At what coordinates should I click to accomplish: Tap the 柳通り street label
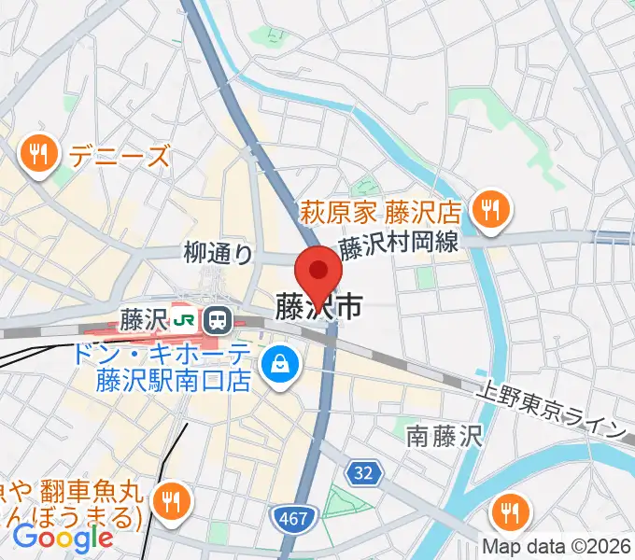[x=218, y=251]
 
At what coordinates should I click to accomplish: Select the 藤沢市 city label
[x=318, y=308]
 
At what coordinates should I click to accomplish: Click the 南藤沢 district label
[x=443, y=435]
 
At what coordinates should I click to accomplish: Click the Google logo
[x=63, y=537]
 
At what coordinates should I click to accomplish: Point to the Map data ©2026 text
[x=557, y=546]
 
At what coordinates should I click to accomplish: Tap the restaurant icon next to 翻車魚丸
[x=172, y=499]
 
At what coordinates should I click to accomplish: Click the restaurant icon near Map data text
[x=510, y=511]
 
